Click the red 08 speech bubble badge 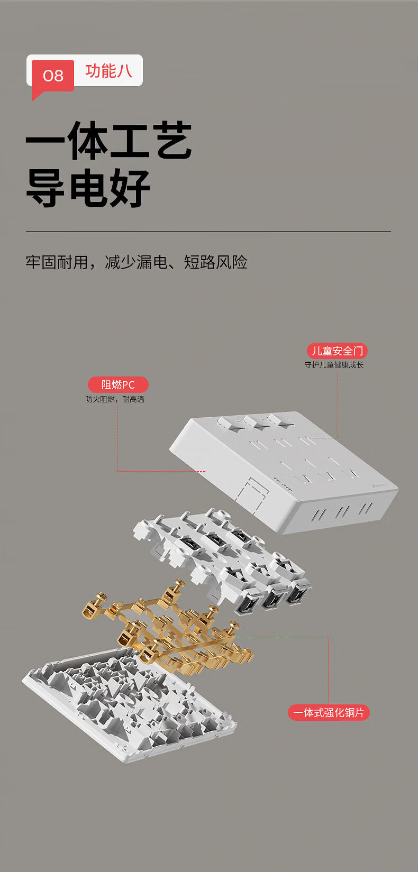(52, 76)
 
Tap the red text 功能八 (108, 71)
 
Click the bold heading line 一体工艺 (108, 141)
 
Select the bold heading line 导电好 (88, 188)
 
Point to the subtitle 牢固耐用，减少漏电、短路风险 (137, 262)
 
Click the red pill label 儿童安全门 (338, 351)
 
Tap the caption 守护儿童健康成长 (334, 365)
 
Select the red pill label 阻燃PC (118, 384)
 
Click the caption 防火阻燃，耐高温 (115, 399)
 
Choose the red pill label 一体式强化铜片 (329, 713)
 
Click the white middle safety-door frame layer (222, 557)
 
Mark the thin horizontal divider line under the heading (208, 232)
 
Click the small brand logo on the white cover (377, 486)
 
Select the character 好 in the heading (129, 188)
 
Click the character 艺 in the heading (171, 141)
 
